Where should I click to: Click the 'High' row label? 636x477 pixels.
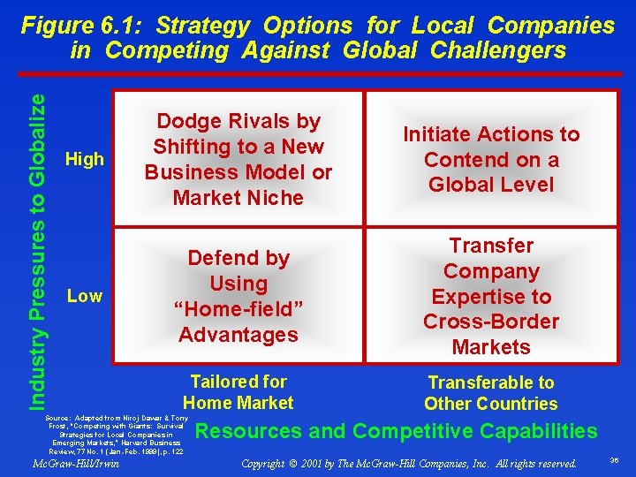click(x=85, y=160)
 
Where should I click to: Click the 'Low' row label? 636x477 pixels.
click(x=85, y=296)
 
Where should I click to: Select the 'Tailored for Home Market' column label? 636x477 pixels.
click(x=238, y=392)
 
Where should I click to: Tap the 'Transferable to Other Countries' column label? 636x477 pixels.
click(x=490, y=393)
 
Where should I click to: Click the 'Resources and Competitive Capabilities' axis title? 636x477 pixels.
click(x=396, y=431)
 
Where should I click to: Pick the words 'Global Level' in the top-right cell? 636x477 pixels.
click(x=491, y=185)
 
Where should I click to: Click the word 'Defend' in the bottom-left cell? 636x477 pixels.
click(x=212, y=258)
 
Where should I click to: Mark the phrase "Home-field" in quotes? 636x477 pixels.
click(x=238, y=309)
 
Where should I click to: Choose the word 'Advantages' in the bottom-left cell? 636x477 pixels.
click(x=238, y=335)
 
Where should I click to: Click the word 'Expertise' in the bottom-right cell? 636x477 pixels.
click(x=490, y=296)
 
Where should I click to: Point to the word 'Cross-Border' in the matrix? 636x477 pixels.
click(x=490, y=322)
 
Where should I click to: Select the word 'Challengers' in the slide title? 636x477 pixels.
click(x=498, y=50)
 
